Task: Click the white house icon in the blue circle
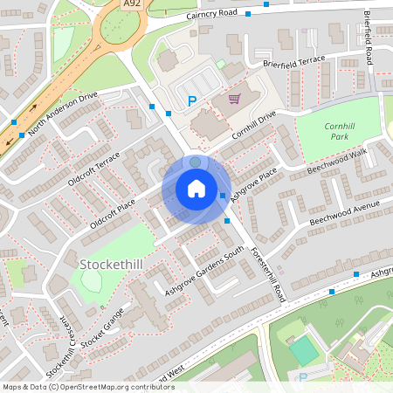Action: (x=196, y=189)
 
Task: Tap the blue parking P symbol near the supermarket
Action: (x=192, y=101)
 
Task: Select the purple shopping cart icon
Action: (x=234, y=99)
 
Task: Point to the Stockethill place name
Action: (x=110, y=263)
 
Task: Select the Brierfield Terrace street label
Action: (x=293, y=60)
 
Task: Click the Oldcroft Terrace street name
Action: (x=95, y=169)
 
